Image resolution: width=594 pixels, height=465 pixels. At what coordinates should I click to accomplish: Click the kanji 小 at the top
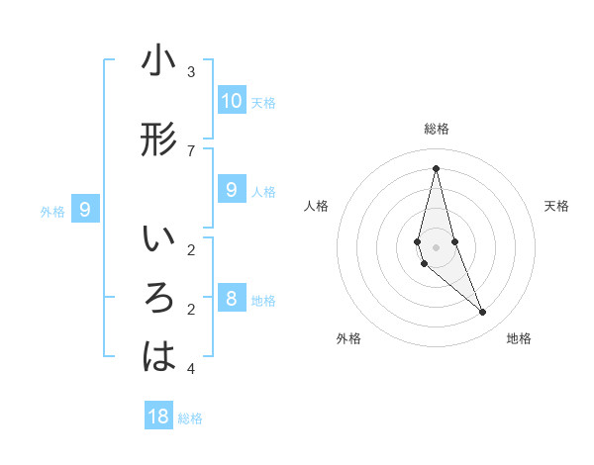[158, 62]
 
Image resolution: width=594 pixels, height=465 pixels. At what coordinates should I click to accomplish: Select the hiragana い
[158, 240]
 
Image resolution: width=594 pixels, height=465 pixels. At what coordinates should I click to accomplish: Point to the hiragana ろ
[158, 299]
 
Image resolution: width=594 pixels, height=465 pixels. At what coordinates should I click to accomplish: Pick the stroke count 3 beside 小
[191, 72]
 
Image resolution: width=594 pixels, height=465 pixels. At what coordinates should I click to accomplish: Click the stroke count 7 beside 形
[191, 150]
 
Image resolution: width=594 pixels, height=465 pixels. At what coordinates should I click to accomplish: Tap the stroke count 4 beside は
[191, 369]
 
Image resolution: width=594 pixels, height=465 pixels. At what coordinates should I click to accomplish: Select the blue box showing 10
[231, 101]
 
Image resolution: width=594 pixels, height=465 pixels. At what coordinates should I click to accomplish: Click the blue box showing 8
[231, 299]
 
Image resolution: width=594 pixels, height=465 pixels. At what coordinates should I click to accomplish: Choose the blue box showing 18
[158, 417]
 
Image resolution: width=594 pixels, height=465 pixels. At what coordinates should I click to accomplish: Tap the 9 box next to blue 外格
[85, 210]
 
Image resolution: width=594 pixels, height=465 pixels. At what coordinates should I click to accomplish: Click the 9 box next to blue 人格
[231, 190]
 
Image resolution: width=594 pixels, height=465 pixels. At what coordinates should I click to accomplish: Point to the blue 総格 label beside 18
[190, 418]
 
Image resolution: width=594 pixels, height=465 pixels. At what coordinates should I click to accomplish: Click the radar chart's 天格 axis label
[556, 206]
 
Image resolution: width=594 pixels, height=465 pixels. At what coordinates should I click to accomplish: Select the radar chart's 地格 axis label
[519, 338]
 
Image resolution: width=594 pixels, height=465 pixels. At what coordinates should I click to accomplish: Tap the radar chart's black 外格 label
[348, 338]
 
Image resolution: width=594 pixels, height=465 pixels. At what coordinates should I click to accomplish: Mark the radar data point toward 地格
[483, 313]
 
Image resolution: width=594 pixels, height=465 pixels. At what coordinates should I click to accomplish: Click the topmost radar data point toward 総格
[436, 168]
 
